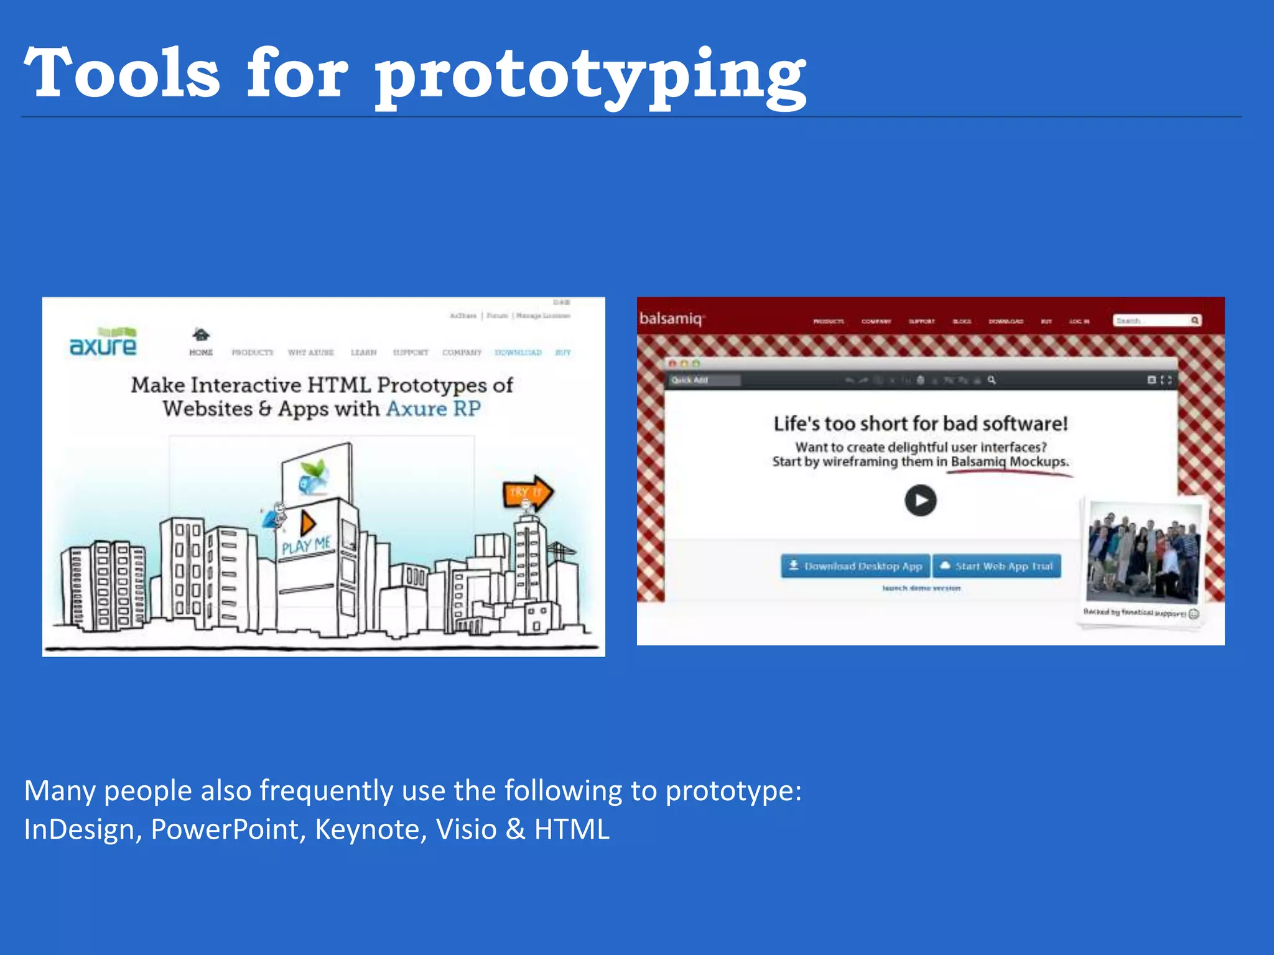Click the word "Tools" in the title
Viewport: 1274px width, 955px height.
pos(122,73)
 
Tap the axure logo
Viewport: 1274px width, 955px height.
pos(103,343)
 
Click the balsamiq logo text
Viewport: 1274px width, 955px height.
pos(671,319)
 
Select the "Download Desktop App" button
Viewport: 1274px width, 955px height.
pos(855,566)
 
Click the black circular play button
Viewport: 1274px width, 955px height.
pos(920,501)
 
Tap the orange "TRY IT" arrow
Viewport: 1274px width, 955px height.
pos(527,492)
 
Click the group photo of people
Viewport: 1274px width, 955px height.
pos(1143,552)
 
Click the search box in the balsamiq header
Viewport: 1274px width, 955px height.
pos(1152,321)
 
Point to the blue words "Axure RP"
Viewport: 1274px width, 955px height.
pos(434,409)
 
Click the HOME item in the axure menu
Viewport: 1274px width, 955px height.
pos(201,352)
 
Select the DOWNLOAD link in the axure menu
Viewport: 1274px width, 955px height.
pos(518,353)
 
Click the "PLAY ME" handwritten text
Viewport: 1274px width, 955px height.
pos(306,546)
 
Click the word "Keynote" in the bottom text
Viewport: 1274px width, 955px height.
pos(371,829)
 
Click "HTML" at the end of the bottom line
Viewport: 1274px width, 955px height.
pos(572,829)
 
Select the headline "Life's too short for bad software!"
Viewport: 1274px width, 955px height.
pos(920,424)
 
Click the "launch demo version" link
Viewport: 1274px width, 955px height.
pos(921,588)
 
